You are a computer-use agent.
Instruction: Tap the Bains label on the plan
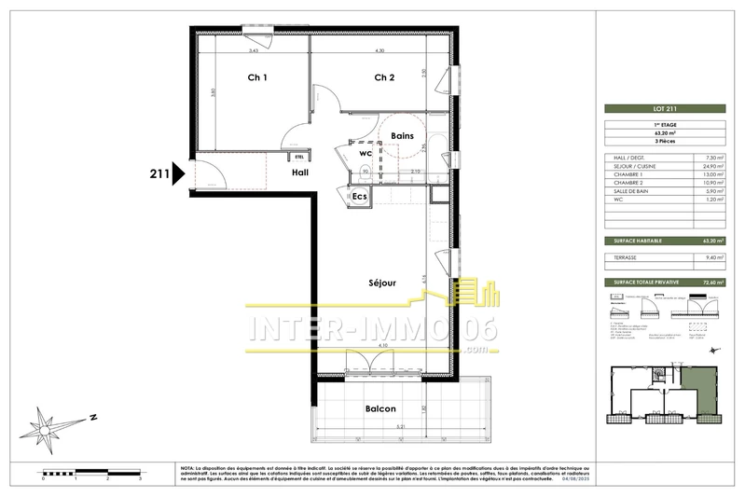click(x=403, y=136)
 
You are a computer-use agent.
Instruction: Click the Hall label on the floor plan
click(x=300, y=173)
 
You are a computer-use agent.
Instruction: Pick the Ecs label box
click(x=360, y=197)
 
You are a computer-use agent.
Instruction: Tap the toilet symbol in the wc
click(x=362, y=169)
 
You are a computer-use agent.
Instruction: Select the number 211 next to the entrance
click(x=159, y=173)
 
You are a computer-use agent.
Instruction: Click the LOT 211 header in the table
click(x=653, y=110)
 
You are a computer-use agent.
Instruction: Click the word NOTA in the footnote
click(x=186, y=467)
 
